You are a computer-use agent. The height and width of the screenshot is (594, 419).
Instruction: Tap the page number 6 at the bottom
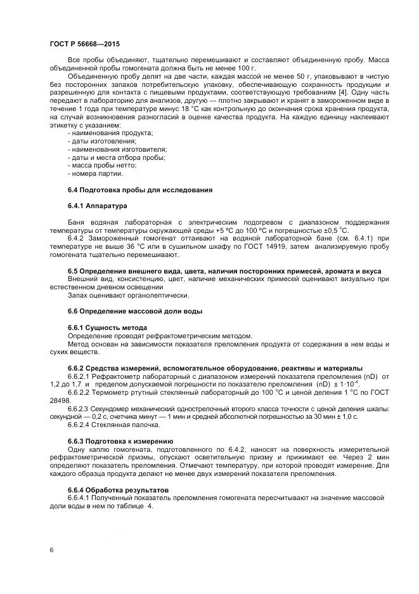[51, 549]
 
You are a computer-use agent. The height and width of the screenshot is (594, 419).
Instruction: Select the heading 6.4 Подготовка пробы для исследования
[139, 190]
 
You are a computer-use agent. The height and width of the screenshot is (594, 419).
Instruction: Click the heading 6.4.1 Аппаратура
[98, 206]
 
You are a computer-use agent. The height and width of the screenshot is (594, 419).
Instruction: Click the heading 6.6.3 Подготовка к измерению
[120, 441]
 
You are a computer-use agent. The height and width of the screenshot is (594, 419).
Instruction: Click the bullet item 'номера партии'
[96, 173]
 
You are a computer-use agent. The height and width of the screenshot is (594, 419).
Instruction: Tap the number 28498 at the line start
[60, 400]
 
